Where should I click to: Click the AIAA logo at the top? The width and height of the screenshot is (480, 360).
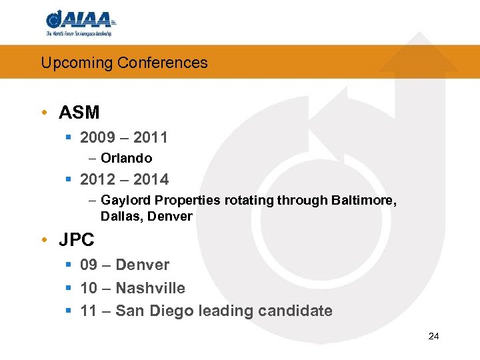click(81, 23)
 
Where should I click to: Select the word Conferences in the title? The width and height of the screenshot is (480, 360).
click(163, 63)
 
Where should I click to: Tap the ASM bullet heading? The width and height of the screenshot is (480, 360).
click(79, 113)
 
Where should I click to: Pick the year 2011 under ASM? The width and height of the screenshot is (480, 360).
click(150, 138)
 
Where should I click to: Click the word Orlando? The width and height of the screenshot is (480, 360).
click(126, 159)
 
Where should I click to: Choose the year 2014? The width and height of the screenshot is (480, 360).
click(151, 179)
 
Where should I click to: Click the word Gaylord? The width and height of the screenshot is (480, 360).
click(125, 200)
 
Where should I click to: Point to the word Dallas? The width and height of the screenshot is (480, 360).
click(120, 216)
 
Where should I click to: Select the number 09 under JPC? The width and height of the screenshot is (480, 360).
click(88, 265)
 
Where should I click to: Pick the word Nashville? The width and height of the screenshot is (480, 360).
click(150, 288)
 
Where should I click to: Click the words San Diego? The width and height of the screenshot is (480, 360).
click(147, 311)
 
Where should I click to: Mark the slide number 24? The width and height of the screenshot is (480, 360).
click(433, 336)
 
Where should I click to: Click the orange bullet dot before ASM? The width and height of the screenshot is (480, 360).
click(44, 113)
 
